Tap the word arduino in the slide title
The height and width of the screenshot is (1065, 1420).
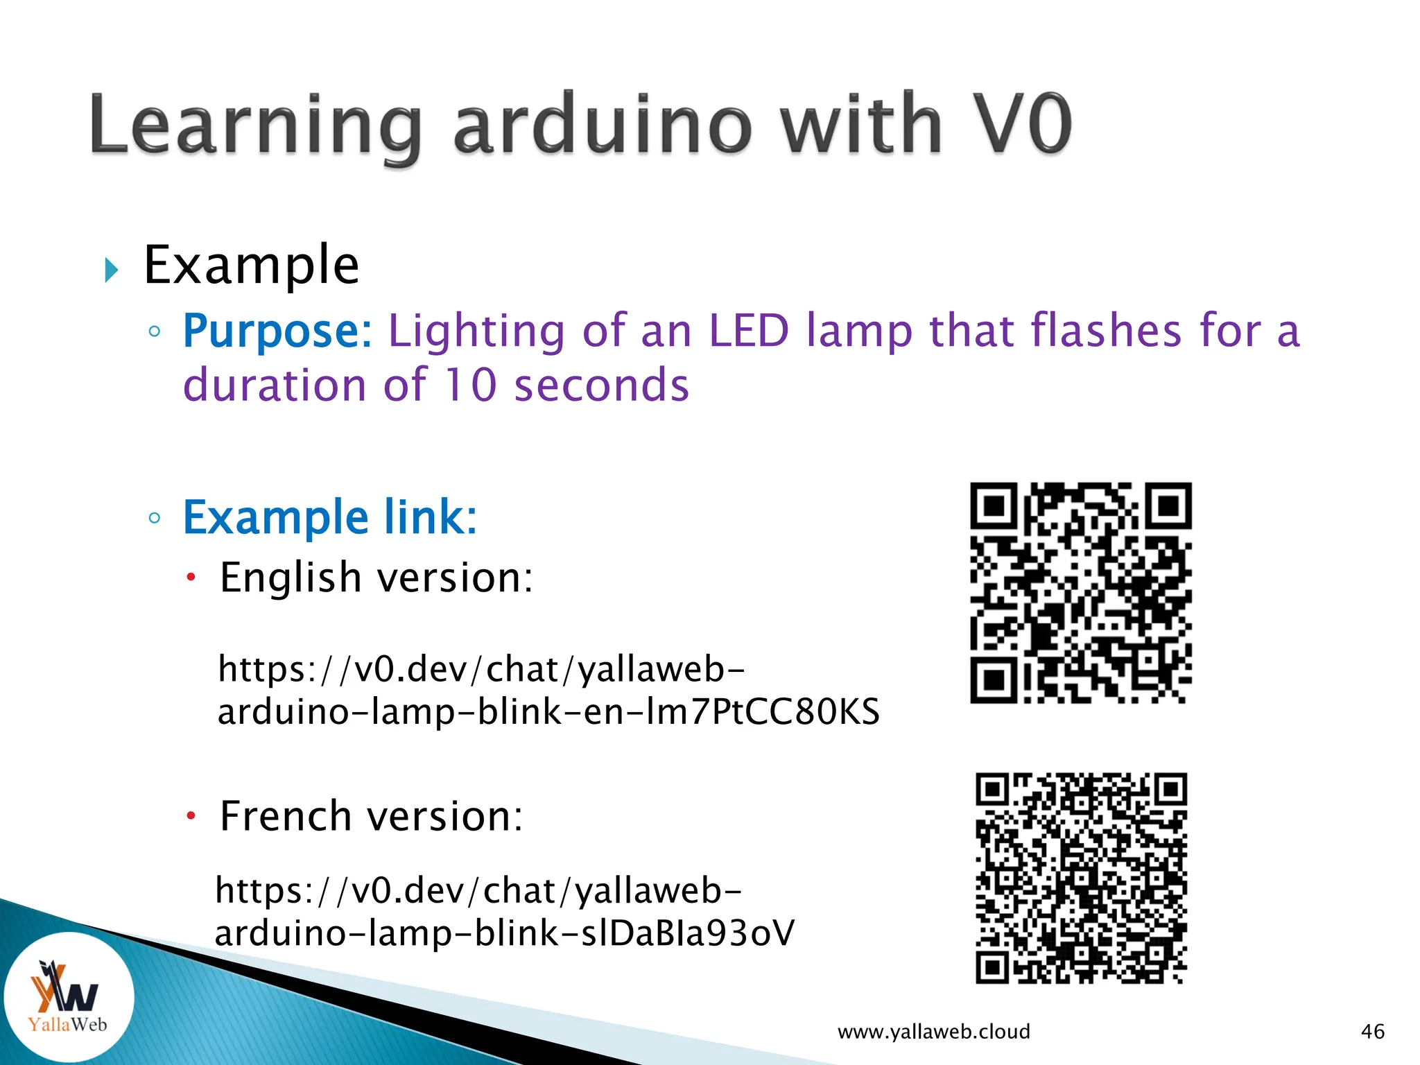tap(602, 125)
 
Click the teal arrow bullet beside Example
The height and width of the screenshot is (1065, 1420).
tap(111, 270)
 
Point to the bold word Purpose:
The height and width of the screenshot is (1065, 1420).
tap(277, 331)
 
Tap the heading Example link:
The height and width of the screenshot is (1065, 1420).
tap(330, 517)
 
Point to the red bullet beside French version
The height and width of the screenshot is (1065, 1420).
tap(191, 815)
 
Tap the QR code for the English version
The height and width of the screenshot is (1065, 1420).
tap(1080, 593)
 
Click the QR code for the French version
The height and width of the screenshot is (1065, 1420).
tap(1081, 878)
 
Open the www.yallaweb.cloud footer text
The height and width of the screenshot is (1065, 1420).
tap(933, 1032)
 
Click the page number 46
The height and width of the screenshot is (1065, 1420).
tap(1372, 1032)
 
